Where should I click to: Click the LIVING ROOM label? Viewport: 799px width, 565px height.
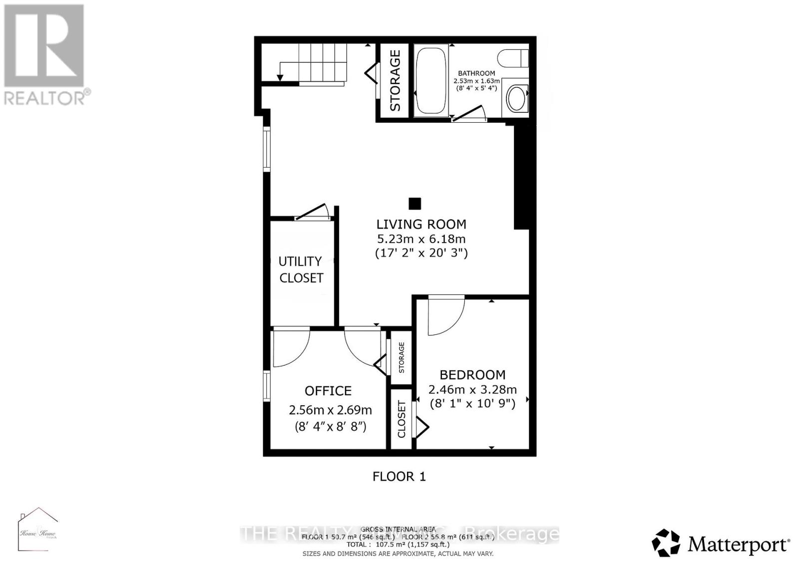point(421,224)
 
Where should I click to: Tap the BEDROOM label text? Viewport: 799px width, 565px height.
point(472,375)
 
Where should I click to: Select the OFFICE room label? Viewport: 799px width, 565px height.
point(328,391)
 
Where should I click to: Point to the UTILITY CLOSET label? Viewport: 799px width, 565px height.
point(301,270)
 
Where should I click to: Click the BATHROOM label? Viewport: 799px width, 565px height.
point(476,73)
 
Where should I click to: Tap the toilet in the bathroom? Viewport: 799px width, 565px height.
point(517,57)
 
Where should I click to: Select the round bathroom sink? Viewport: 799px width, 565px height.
point(516,98)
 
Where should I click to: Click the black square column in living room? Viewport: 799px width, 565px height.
point(414,204)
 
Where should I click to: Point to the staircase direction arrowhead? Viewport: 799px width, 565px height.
point(280,77)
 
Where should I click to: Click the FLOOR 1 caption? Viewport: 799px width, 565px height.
point(399,476)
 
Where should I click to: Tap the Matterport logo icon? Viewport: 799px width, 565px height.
point(666,543)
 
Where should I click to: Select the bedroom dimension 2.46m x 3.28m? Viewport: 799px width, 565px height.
point(472,389)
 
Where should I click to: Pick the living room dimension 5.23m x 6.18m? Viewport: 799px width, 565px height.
point(421,239)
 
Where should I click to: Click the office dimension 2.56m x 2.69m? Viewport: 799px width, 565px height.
point(330,410)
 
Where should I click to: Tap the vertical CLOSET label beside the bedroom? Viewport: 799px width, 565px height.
point(401,419)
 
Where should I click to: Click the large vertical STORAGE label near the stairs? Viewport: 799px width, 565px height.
point(395,80)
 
